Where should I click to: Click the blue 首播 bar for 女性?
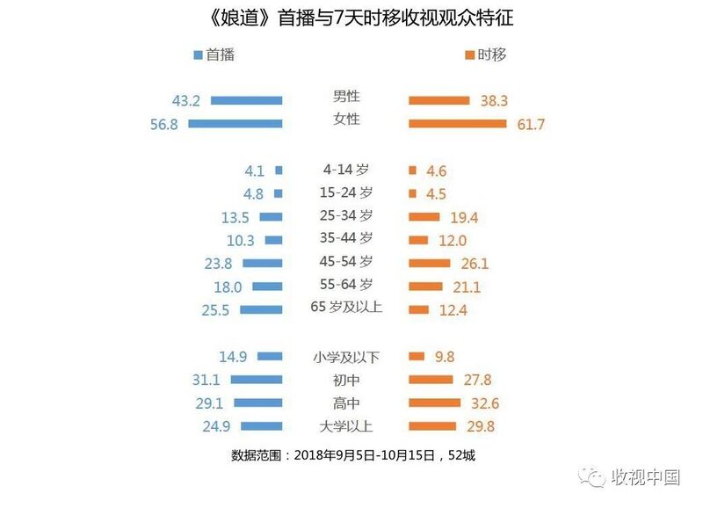pos(236,123)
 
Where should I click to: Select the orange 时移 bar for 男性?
pos(438,100)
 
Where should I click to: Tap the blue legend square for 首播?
pos(198,54)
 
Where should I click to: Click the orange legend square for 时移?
pos(469,54)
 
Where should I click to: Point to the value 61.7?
pos(531,124)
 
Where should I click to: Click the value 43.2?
pos(186,101)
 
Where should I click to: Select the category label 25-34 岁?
pos(346,215)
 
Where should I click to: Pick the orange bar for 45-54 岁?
pos(429,263)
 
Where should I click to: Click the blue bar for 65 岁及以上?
pos(261,310)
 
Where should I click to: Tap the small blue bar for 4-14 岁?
pos(279,171)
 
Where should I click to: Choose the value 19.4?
pos(464,217)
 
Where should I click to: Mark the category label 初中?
pos(346,381)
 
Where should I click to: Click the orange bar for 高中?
pos(434,403)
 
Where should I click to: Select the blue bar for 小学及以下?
pos(270,357)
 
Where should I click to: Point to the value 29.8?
pos(481,426)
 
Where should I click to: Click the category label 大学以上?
pos(345,426)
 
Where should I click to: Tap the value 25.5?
pos(215,310)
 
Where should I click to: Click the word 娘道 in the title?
pos(240,18)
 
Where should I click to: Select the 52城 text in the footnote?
pos(461,455)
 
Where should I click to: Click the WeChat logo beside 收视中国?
pos(591,477)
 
